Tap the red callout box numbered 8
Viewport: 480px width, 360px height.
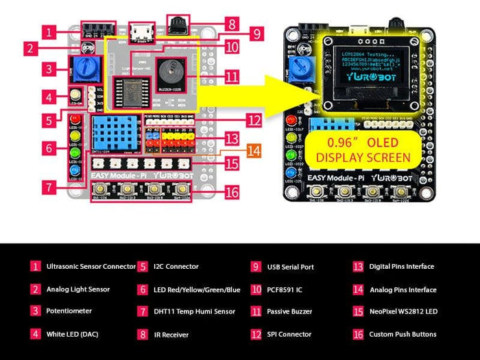(232, 23)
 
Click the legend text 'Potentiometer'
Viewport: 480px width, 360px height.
(69, 311)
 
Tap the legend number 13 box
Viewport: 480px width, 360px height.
(358, 266)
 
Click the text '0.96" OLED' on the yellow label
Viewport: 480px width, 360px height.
(363, 143)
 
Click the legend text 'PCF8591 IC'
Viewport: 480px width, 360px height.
(285, 289)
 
